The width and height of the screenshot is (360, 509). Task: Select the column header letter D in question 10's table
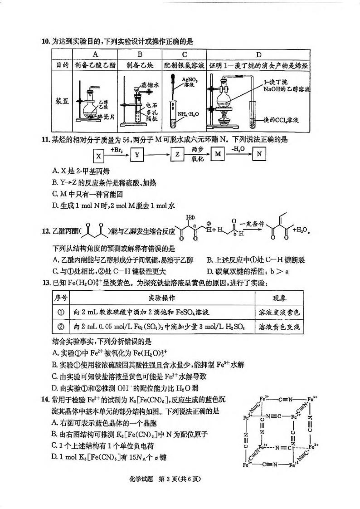tap(259, 54)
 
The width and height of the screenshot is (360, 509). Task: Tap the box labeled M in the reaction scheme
tap(218, 155)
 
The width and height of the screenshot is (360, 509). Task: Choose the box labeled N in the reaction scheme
tap(258, 155)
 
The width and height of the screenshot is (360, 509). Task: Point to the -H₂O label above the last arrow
tap(238, 149)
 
